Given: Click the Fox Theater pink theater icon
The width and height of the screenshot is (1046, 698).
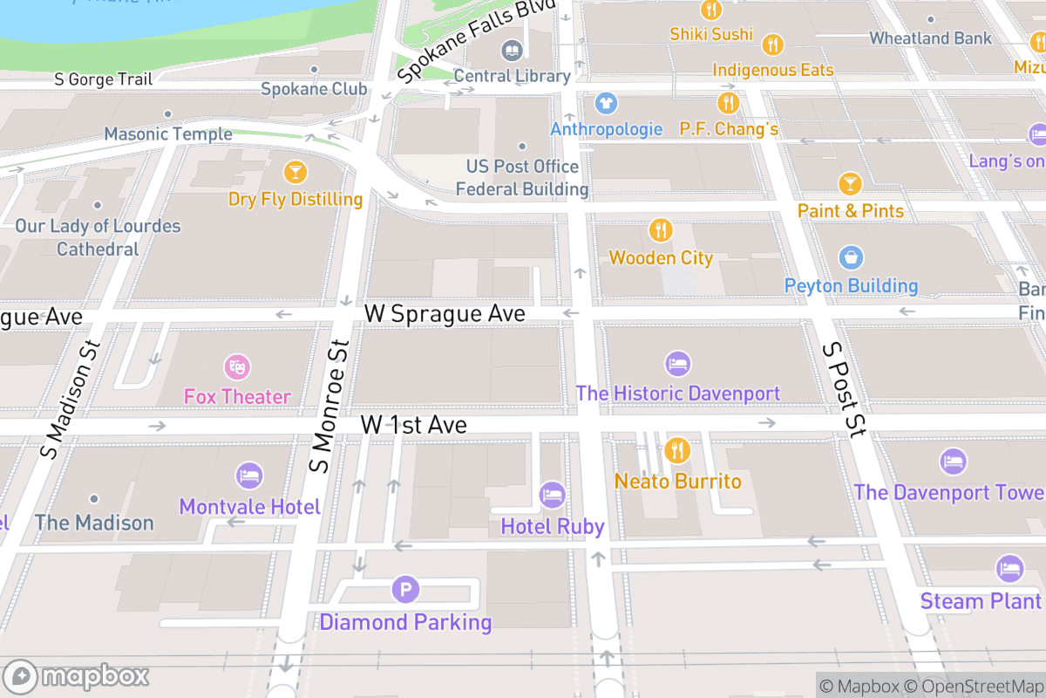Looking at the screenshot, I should coord(236,366).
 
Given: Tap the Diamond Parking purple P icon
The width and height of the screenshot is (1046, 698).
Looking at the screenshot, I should coord(404,590).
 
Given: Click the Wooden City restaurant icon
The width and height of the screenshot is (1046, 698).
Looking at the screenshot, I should coord(661,230).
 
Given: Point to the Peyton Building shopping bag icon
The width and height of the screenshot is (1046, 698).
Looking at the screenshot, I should coord(851,257).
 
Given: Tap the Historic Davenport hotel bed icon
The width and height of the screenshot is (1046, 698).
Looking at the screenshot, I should coord(677,364).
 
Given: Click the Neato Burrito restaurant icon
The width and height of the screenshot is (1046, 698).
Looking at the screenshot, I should coord(677,451).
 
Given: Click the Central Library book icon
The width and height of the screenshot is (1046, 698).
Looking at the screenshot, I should coord(512,49).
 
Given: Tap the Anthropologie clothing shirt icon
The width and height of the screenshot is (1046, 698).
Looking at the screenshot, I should coord(606,103).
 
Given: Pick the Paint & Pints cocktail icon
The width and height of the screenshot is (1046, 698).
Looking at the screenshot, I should coord(850,183).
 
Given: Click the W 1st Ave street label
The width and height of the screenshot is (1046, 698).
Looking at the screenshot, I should coord(414,425).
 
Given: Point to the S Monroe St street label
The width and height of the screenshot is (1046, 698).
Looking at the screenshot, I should coord(329,406).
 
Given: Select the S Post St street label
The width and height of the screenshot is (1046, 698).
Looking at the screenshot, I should coord(844,388).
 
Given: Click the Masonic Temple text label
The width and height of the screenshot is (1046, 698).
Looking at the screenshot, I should coord(168,133).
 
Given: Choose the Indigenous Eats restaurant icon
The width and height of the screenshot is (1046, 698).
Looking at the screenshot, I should coord(772,44).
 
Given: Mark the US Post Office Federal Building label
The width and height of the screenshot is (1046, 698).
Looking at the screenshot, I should coord(522,177).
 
